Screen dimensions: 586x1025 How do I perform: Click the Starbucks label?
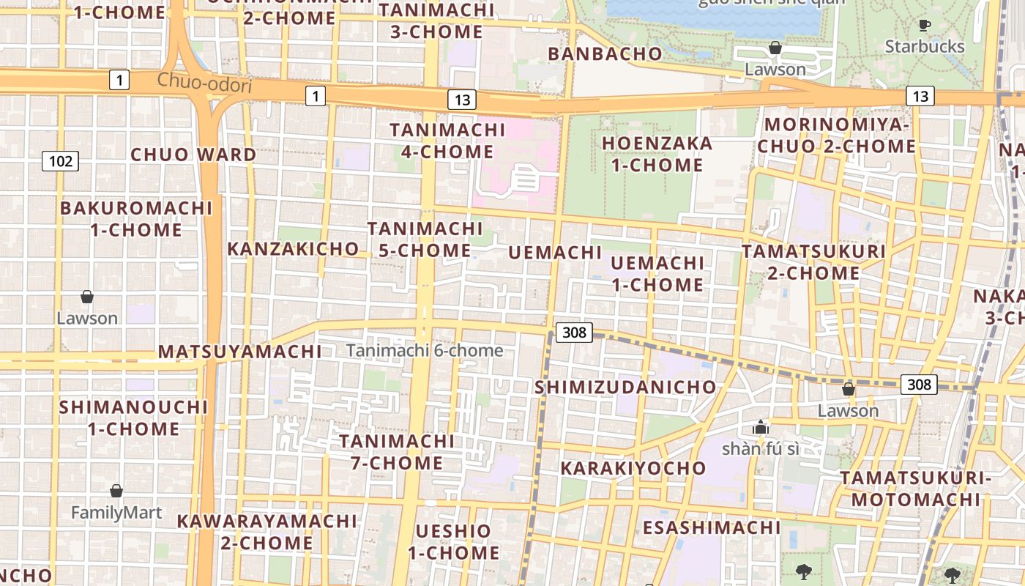[x=925, y=47]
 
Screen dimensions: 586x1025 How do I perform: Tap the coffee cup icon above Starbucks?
[x=925, y=26]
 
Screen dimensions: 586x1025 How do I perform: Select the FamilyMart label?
[x=116, y=512]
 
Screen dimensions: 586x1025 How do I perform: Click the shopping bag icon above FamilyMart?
[x=116, y=491]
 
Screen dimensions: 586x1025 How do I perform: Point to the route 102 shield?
[x=60, y=160]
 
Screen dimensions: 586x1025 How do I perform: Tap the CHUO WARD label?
[x=193, y=155]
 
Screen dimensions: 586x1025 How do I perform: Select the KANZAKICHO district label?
[x=293, y=249]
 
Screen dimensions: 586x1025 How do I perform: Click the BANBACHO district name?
[x=605, y=53]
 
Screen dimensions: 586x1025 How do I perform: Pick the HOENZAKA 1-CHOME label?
[x=657, y=154]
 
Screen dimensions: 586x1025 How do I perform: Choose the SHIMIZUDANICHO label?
[x=625, y=387]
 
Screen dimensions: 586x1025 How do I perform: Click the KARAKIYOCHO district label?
[x=633, y=468]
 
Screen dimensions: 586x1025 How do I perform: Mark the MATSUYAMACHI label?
[x=240, y=352]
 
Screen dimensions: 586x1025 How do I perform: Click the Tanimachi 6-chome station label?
[x=425, y=351]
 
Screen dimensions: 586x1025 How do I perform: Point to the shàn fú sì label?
[x=761, y=448]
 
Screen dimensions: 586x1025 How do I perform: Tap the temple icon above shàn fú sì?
[x=761, y=427]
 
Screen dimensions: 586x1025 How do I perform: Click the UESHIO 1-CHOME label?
[x=453, y=541]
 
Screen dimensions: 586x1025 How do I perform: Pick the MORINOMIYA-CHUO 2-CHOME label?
[x=836, y=136]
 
